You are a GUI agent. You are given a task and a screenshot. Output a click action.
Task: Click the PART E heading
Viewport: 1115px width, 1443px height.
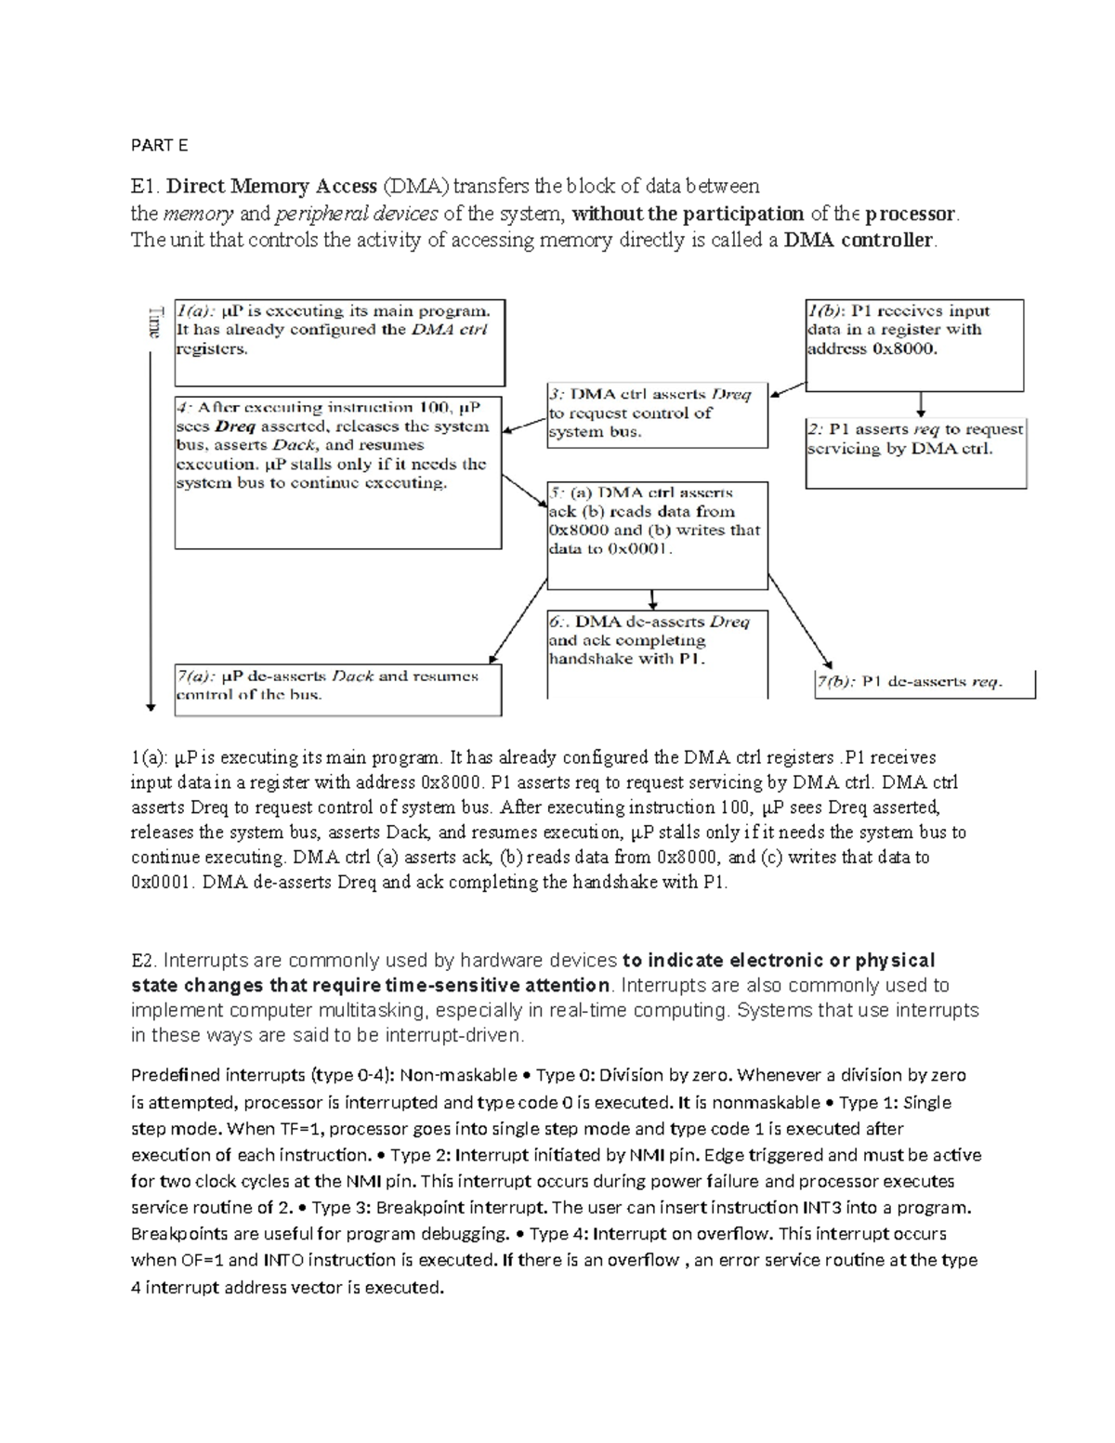tap(159, 145)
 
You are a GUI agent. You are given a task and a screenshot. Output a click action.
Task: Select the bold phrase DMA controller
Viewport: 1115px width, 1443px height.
tap(859, 241)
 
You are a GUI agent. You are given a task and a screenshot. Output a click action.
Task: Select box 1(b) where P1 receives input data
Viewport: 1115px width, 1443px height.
tap(913, 344)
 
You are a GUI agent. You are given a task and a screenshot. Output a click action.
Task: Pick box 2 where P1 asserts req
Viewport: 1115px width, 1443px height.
tap(915, 453)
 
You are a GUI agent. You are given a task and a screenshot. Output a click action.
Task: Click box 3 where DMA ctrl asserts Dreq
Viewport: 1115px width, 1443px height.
tap(657, 414)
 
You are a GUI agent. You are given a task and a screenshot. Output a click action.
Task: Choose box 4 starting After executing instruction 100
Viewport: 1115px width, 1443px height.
tap(338, 472)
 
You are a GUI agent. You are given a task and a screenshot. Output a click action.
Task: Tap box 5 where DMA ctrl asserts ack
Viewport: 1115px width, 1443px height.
tap(657, 534)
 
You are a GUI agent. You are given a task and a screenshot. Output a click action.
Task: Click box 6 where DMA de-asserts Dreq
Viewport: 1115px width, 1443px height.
tap(657, 652)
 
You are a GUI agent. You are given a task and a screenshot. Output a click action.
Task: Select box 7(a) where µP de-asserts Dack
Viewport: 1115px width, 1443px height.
tap(337, 689)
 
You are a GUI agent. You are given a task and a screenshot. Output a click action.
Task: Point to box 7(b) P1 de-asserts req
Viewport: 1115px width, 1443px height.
tap(924, 683)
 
